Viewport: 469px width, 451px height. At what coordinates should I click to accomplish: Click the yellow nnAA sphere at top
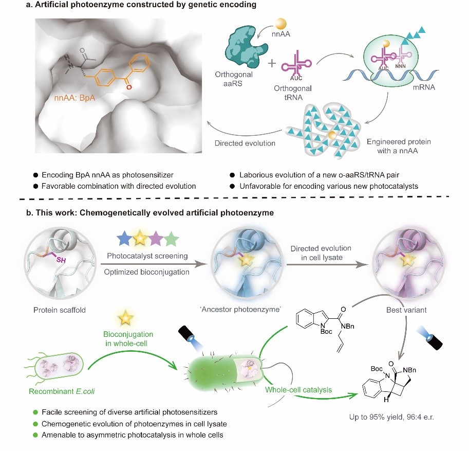(281, 25)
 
